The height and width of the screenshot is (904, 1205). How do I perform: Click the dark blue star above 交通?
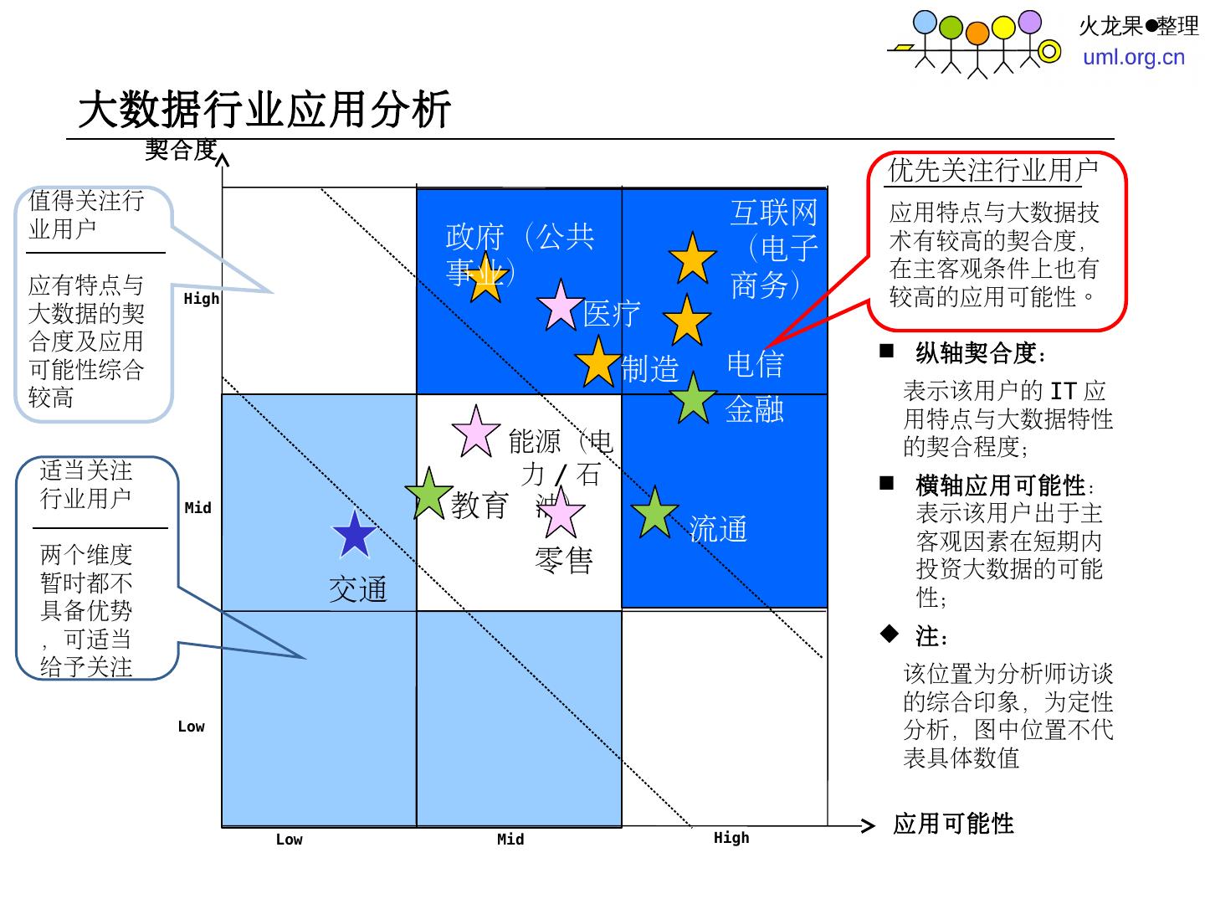[354, 535]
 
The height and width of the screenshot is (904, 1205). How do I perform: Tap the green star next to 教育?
[428, 494]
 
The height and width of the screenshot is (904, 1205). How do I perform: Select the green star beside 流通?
[654, 512]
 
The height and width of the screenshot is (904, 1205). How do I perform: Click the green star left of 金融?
[693, 398]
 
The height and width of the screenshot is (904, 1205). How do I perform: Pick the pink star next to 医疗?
[560, 306]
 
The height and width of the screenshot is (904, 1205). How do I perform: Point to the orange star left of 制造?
[597, 362]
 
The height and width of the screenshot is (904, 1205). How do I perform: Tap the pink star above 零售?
[560, 513]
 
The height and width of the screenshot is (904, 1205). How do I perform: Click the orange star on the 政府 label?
[485, 278]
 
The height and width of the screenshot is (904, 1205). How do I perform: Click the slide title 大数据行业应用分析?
[264, 110]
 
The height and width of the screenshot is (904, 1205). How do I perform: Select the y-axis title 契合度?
[181, 151]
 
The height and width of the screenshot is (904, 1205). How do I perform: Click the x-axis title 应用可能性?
[953, 824]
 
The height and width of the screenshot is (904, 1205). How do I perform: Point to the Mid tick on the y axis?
[198, 508]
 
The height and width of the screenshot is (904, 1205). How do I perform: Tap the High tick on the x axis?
[731, 838]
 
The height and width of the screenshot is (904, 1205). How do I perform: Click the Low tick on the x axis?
[289, 840]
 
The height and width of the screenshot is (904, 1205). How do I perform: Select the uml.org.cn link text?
[1134, 57]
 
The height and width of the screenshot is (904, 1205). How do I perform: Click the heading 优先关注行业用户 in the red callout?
[992, 171]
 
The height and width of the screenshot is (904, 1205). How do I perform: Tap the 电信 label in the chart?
[755, 364]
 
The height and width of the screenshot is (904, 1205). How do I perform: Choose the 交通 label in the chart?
[358, 589]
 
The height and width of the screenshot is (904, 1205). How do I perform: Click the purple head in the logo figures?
[1030, 21]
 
